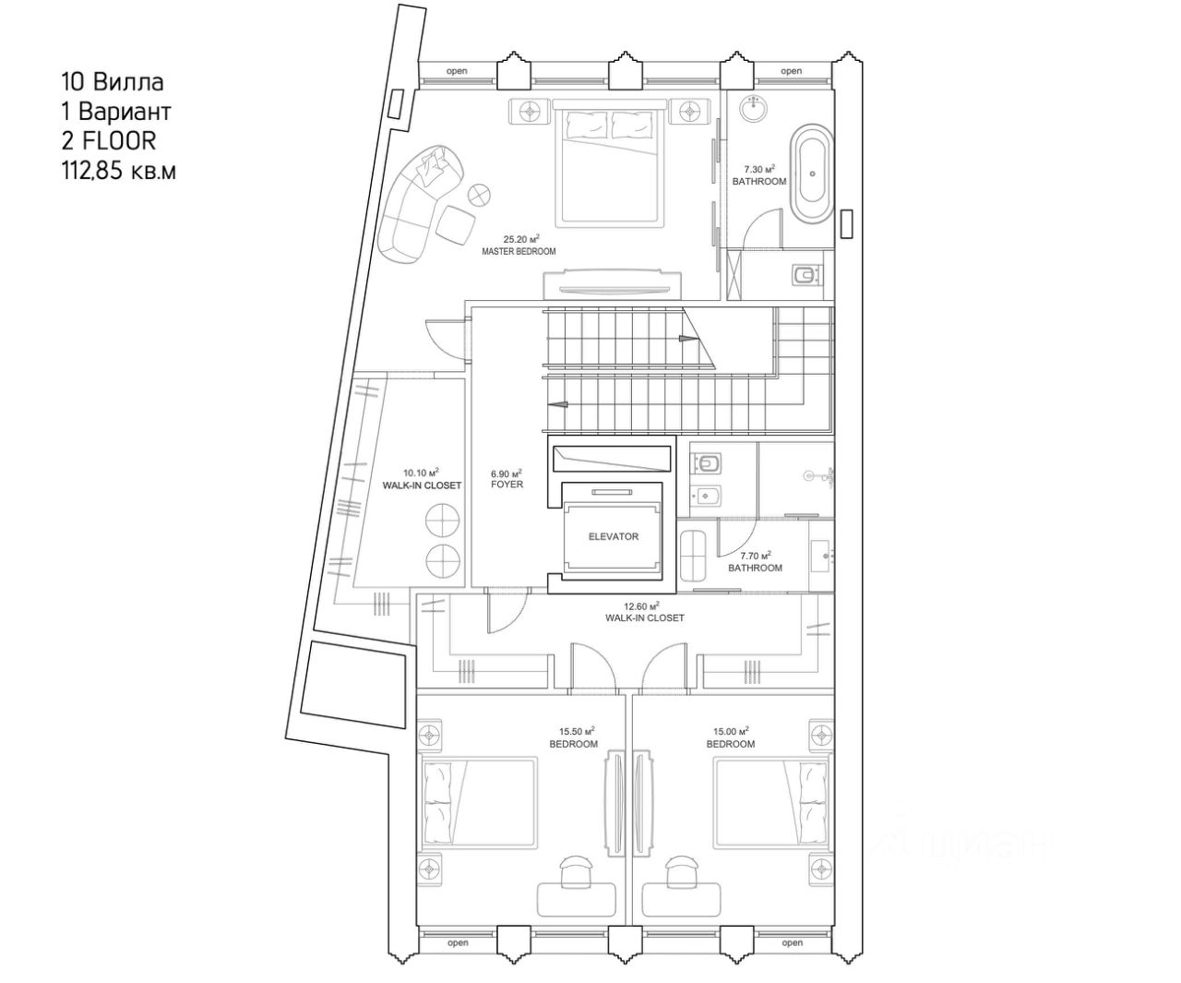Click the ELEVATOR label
(613, 536)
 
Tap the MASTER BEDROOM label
(519, 251)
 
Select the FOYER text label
(507, 485)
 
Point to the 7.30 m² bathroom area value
(759, 169)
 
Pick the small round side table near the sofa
(480, 195)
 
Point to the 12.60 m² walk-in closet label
(645, 617)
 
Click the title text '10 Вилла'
(112, 82)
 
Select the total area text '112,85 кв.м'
(117, 170)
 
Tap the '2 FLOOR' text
(108, 140)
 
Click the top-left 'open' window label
(457, 71)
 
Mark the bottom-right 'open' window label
(792, 943)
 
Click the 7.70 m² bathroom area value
(755, 555)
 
